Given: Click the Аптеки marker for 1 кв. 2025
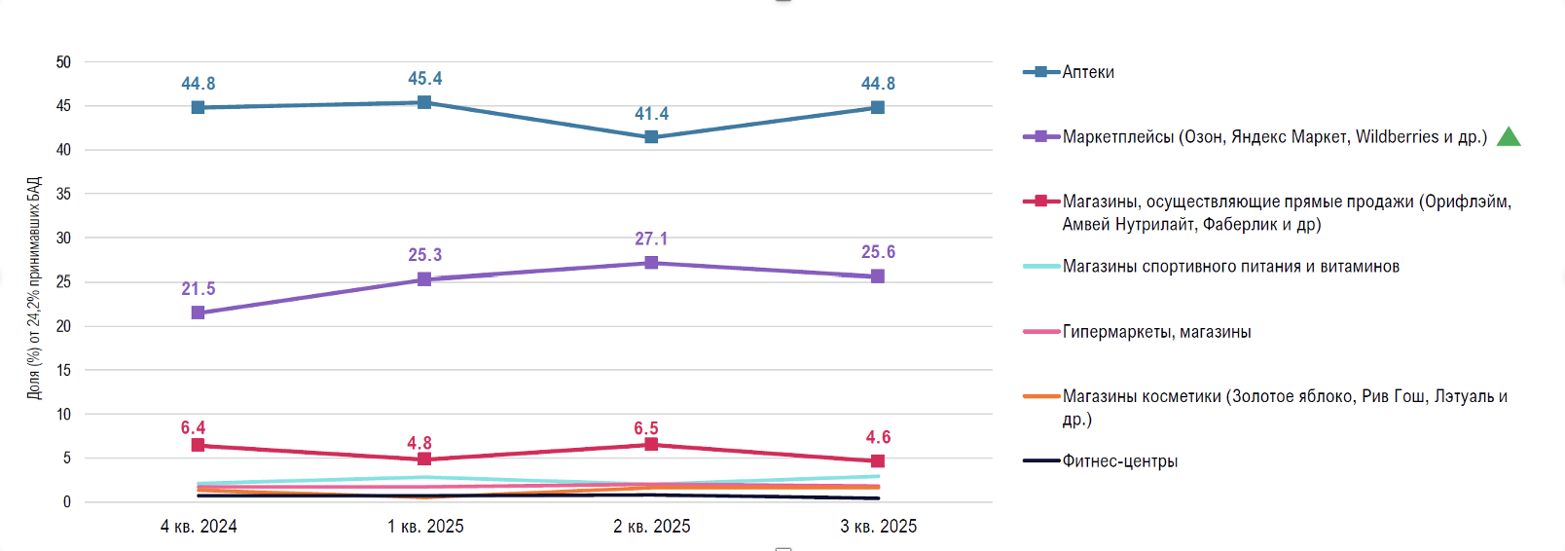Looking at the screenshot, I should click(424, 102).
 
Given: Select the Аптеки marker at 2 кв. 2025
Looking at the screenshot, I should click(651, 137).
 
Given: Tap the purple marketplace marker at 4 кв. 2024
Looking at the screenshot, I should click(198, 312).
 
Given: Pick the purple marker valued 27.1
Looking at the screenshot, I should click(651, 263).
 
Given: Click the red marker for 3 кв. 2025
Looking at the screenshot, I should click(878, 461).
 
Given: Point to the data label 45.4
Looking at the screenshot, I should click(424, 79).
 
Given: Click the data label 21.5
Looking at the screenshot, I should click(198, 289).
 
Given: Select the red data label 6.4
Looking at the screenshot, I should click(193, 428).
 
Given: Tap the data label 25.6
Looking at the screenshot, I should click(878, 252).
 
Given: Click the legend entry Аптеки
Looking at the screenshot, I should click(1087, 72).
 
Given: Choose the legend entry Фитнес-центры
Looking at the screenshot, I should click(1119, 461).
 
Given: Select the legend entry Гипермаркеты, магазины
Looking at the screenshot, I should click(1156, 332).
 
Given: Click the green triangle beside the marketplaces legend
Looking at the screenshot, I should click(1509, 136).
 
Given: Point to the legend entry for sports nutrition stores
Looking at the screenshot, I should click(1230, 267).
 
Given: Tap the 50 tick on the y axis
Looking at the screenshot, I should click(63, 62).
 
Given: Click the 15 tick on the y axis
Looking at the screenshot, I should click(63, 370).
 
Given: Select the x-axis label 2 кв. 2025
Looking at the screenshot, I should click(651, 527).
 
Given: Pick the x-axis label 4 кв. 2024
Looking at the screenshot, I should click(199, 527).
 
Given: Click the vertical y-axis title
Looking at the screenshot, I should click(34, 288).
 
